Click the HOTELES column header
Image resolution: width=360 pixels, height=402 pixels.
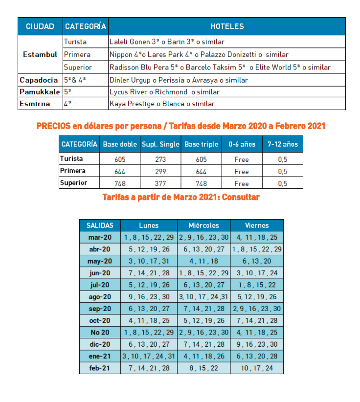226,26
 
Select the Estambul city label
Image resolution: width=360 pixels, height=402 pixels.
40,54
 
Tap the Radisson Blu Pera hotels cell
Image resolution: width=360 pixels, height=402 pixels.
220,67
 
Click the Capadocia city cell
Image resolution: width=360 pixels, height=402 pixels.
39,80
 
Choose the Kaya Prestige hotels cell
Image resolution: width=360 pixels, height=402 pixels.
162,104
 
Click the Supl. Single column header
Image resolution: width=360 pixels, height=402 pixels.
160,145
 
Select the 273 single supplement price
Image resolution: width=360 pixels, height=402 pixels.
160,159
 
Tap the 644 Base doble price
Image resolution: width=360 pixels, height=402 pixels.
120,172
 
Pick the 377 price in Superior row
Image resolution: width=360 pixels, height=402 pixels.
160,183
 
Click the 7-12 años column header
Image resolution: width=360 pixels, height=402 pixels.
282,145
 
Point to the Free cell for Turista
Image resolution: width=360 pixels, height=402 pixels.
242,159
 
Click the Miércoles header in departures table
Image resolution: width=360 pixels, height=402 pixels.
203,225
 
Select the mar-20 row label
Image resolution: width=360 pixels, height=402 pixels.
100,237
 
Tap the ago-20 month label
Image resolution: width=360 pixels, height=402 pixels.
100,297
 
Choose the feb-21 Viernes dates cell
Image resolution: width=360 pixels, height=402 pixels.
257,368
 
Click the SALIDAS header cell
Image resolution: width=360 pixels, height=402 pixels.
100,225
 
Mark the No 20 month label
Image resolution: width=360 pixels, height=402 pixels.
100,332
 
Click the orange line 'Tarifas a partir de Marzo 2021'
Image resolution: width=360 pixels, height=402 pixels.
181,197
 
